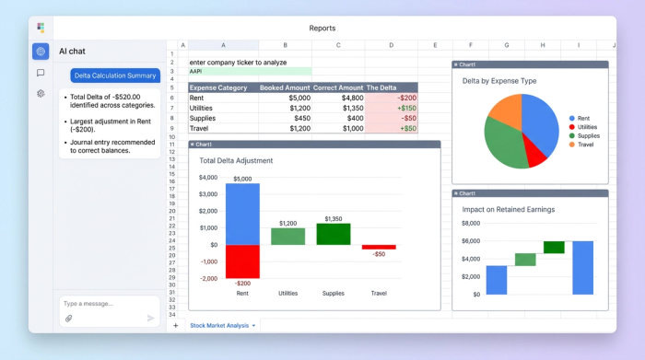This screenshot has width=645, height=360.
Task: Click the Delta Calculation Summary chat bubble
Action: click(115, 75)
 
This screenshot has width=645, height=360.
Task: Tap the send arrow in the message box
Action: click(151, 319)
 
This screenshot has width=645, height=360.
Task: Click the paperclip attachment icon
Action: click(68, 319)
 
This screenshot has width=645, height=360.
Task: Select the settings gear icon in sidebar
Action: click(41, 94)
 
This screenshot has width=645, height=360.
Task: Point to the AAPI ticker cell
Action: click(196, 71)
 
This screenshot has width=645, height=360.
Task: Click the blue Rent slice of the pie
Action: click(542, 122)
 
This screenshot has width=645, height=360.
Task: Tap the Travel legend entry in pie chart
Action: click(586, 145)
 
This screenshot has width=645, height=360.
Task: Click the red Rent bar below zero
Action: click(242, 261)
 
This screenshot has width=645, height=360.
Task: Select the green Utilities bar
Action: click(287, 237)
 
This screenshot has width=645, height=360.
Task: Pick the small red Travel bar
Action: click(379, 247)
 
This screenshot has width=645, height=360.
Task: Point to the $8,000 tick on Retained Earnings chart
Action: click(471, 223)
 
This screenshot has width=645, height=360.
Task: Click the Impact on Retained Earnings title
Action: click(509, 209)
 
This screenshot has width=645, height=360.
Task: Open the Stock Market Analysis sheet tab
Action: click(219, 325)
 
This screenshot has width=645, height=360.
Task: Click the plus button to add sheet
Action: click(175, 325)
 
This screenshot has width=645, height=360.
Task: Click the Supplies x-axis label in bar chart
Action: click(334, 293)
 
